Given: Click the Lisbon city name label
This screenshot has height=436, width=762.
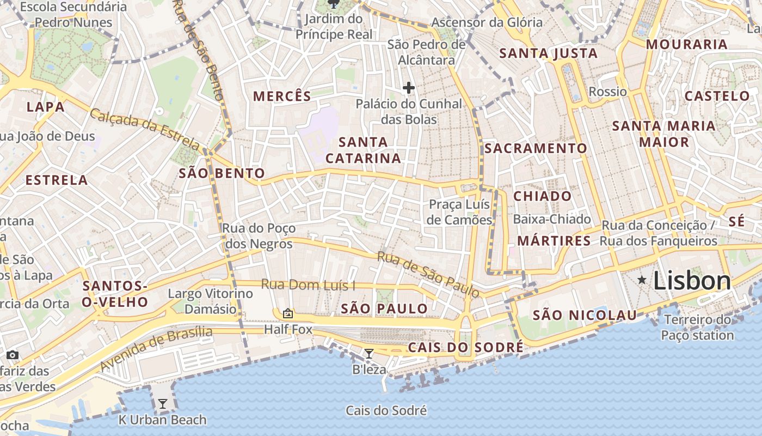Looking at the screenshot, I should click(692, 281).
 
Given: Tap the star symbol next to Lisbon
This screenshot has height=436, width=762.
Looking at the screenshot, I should click(642, 280).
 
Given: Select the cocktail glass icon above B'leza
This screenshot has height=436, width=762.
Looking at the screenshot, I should click(368, 354).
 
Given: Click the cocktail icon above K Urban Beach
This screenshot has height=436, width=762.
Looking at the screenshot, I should click(162, 404).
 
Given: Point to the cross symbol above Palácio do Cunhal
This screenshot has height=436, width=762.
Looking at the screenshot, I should click(408, 87).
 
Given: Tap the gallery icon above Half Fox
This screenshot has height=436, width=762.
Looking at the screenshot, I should click(288, 313).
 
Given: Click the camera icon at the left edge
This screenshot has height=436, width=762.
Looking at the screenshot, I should click(12, 355).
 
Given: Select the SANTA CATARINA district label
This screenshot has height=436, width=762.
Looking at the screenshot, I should click(363, 150).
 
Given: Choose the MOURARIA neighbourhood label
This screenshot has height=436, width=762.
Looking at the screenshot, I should click(686, 45).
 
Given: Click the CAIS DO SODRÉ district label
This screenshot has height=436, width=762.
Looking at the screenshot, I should click(465, 347).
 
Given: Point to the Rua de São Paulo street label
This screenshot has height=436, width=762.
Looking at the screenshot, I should click(429, 275).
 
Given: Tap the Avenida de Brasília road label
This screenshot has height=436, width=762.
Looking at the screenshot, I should click(156, 348).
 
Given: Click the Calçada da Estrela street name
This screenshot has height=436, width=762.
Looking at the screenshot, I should click(145, 129).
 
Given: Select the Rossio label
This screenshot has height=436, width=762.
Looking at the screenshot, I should click(607, 92).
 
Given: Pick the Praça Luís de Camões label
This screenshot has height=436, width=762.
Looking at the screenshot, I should click(460, 212).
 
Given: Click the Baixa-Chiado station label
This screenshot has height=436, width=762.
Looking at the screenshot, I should click(552, 219).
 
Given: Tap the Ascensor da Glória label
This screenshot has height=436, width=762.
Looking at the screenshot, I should click(487, 22).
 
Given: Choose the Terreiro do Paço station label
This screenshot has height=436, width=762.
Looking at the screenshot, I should click(698, 327).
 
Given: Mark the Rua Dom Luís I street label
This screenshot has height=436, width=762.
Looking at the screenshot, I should click(308, 284).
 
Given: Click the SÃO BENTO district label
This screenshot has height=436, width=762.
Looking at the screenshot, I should click(222, 173).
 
